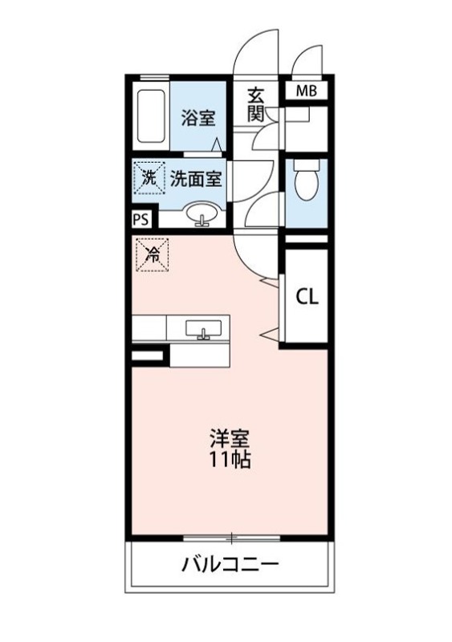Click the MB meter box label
tap(307, 91)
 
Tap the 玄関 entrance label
tap(257, 105)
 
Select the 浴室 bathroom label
tap(198, 118)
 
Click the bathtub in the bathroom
tap(151, 116)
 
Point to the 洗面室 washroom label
tap(196, 179)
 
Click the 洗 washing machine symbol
tap(149, 177)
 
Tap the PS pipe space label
tap(140, 220)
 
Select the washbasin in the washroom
tap(203, 214)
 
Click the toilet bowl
tap(307, 179)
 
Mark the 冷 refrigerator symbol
tap(152, 255)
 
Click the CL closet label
tap(307, 297)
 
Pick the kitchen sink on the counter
tap(203, 329)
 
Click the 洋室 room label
tap(230, 439)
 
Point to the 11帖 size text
tap(230, 459)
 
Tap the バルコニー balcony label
tap(230, 565)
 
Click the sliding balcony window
tap(231, 537)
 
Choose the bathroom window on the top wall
tap(154, 78)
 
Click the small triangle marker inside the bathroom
tap(218, 144)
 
